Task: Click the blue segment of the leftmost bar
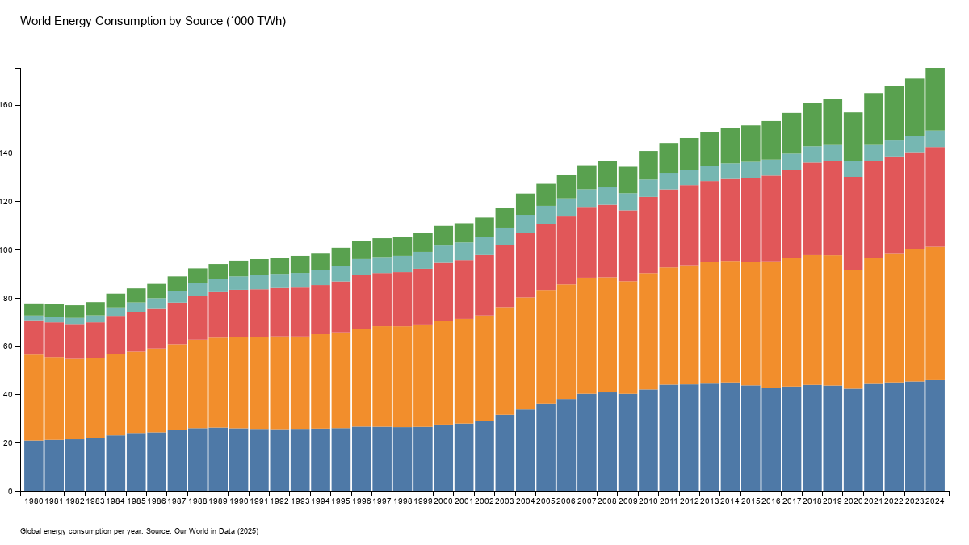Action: [x=34, y=465]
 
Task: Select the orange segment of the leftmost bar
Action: [x=34, y=397]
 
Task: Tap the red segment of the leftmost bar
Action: [x=34, y=337]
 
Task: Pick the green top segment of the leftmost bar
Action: [x=34, y=309]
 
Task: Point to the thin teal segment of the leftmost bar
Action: [x=34, y=318]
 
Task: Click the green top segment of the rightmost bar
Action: [x=934, y=99]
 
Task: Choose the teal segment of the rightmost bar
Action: [x=934, y=139]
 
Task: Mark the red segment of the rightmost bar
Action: [x=934, y=197]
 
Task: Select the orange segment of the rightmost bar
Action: [x=934, y=313]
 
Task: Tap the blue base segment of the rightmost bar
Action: [x=934, y=435]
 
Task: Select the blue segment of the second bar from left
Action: [x=54, y=465]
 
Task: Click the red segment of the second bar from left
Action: [x=54, y=340]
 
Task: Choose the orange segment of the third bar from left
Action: [x=74, y=399]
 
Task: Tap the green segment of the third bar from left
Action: [x=74, y=312]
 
